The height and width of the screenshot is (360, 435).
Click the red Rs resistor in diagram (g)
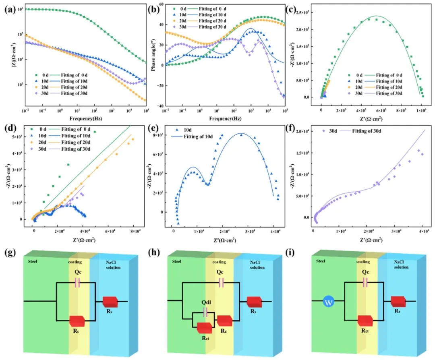coord(110,302)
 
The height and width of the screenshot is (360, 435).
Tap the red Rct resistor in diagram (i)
coord(365,321)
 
